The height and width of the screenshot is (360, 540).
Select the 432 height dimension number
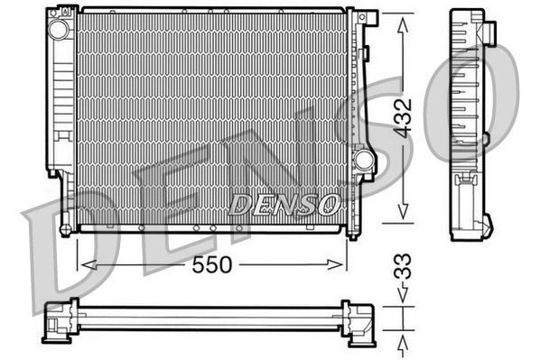407,117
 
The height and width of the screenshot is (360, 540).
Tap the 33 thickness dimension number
407,268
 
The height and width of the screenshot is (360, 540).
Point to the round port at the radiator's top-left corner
60,29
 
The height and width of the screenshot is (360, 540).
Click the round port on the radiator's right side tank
364,161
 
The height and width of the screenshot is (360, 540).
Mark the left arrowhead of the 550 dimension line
87,264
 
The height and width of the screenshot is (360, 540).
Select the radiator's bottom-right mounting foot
352,232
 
